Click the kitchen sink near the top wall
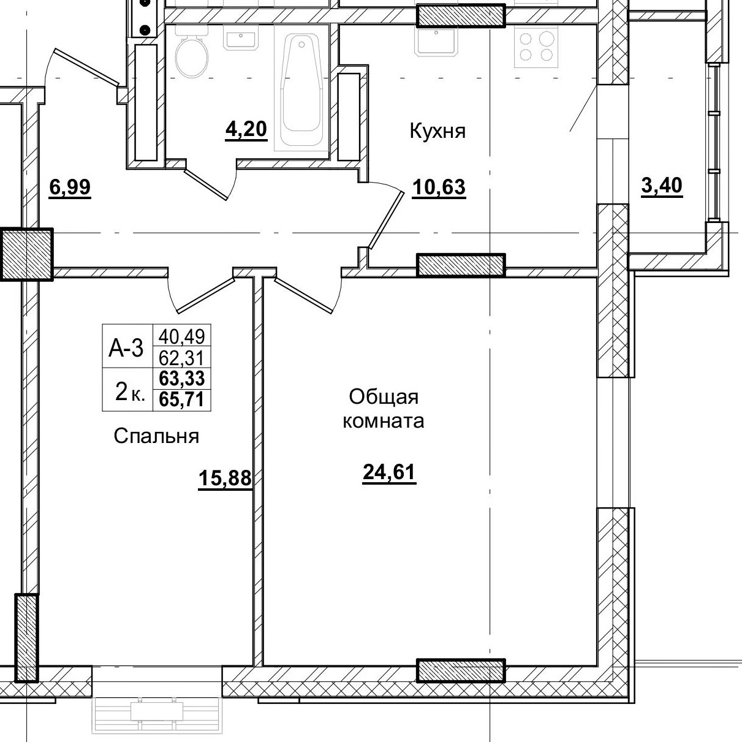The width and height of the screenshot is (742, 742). (x=436, y=40)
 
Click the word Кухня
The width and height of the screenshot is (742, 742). (x=437, y=131)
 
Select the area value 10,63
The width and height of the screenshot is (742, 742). (x=439, y=187)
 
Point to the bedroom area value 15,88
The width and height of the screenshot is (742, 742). (x=225, y=478)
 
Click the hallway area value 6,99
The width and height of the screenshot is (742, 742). (x=70, y=187)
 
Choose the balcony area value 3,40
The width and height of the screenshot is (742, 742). (x=661, y=185)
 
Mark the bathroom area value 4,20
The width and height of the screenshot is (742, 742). (x=246, y=130)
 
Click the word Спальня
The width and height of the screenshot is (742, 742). (x=156, y=436)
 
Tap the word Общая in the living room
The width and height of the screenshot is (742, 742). (x=384, y=397)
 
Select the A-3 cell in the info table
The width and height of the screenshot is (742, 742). (x=126, y=348)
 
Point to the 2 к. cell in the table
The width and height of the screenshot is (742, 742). (x=130, y=390)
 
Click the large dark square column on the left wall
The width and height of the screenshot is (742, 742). (x=26, y=254)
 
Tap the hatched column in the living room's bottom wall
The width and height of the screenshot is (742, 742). (x=461, y=671)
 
